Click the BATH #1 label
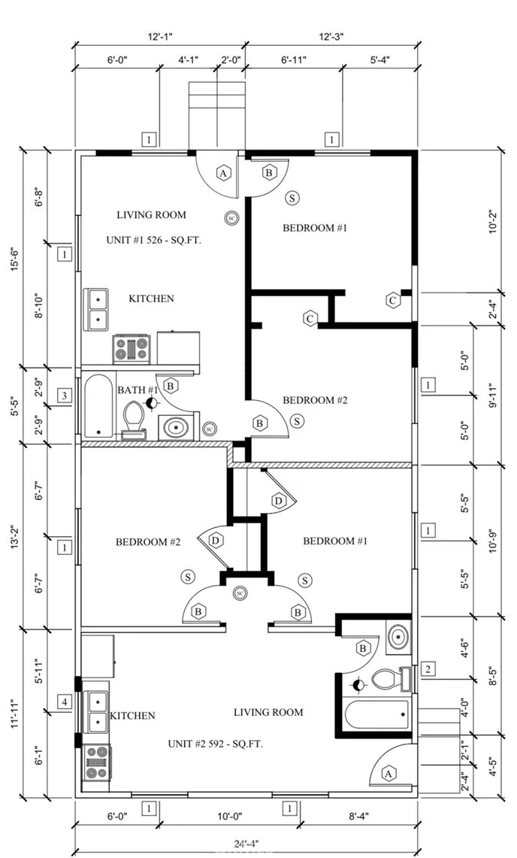pos(138,390)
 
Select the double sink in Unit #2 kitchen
pos(98,711)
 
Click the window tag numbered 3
pos(65,396)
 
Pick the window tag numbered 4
pos(65,703)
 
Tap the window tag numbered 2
pos(428,669)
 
